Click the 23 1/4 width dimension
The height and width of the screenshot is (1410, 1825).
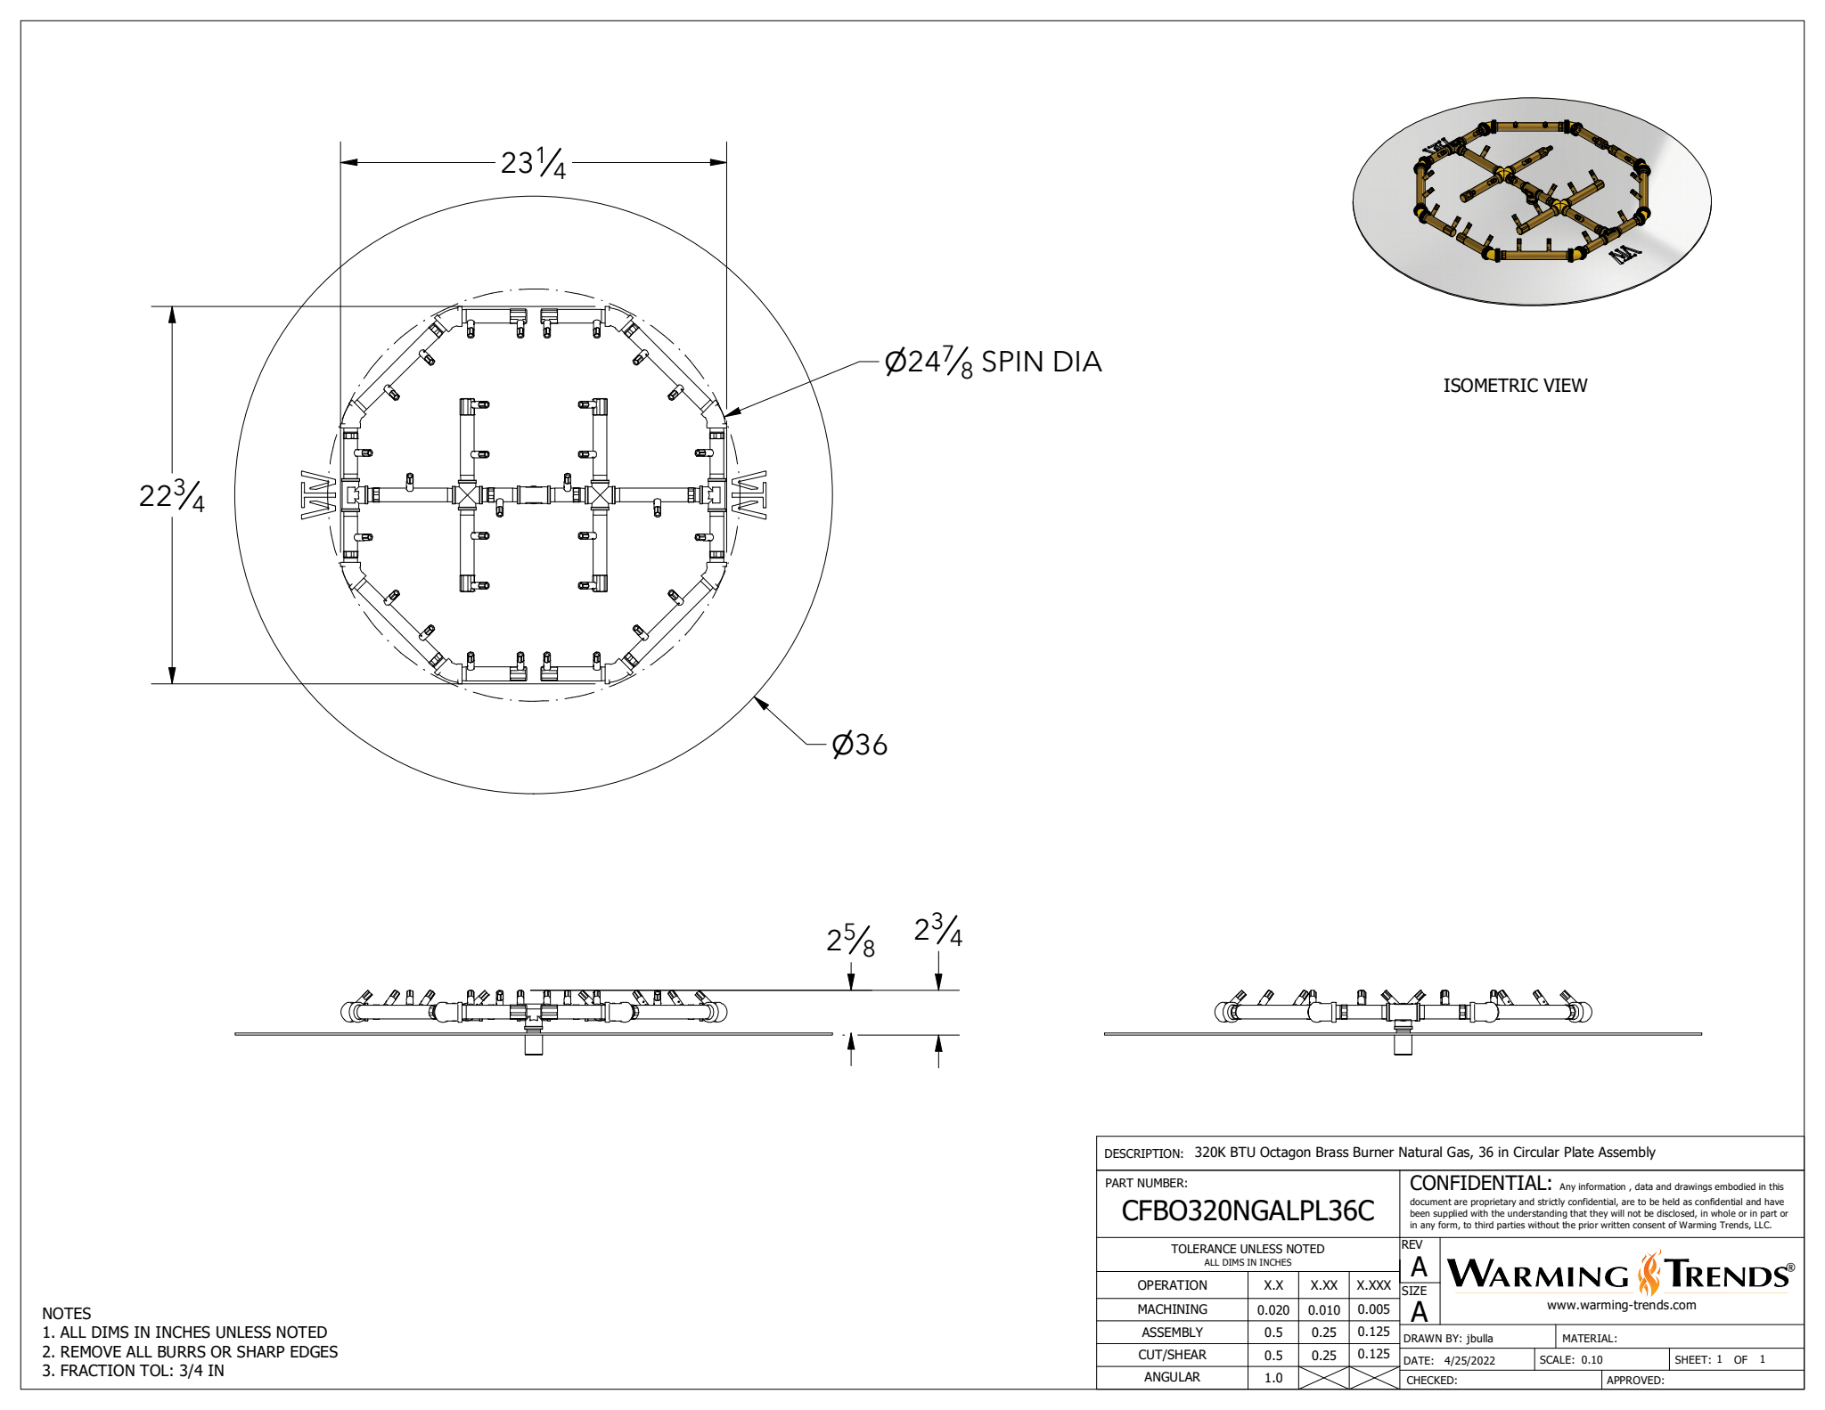[x=533, y=164]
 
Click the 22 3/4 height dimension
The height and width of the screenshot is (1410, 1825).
[x=172, y=495]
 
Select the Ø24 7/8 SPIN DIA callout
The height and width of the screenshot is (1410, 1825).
[x=992, y=362]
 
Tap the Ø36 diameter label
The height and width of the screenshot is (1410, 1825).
[x=859, y=745]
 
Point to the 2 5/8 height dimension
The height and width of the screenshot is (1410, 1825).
[x=849, y=941]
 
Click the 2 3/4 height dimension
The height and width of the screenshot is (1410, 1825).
[x=937, y=931]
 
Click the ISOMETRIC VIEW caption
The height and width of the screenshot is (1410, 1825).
[x=1515, y=386]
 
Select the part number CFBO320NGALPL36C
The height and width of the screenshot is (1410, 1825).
[x=1247, y=1210]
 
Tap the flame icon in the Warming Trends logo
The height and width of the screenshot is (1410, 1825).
[x=1649, y=1273]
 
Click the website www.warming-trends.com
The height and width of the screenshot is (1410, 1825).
[x=1621, y=1305]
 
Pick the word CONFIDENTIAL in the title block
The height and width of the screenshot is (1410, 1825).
[x=1479, y=1184]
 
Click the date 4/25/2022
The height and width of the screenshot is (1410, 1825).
[x=1469, y=1360]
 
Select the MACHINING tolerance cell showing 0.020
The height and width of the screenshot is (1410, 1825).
[x=1273, y=1309]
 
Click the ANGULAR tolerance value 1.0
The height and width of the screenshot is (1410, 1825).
[x=1273, y=1377]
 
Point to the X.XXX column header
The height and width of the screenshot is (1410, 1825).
[x=1373, y=1285]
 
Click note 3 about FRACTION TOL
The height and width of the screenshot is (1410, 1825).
[x=134, y=1371]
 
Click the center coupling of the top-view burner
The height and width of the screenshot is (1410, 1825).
[x=533, y=494]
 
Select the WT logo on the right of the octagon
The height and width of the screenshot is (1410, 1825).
[x=749, y=494]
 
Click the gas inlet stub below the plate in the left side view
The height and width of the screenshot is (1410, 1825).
[x=533, y=1044]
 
